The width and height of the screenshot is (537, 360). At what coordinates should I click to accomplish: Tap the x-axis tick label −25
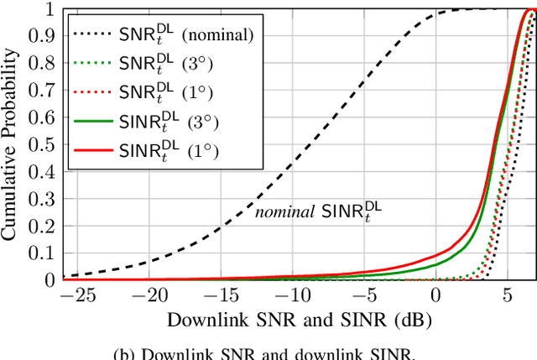(81, 296)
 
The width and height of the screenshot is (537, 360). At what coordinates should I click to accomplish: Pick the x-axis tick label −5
(363, 296)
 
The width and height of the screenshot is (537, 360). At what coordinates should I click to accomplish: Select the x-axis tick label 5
(507, 296)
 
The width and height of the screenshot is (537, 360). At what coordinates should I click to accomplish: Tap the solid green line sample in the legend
(94, 123)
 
